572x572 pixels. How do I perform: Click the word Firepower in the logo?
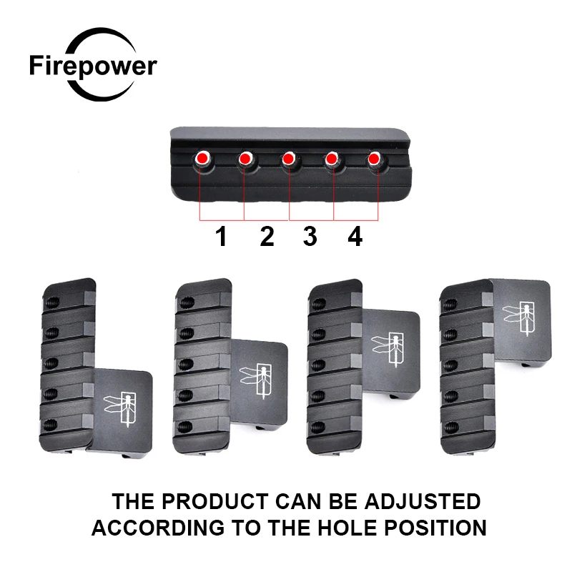pos(93,66)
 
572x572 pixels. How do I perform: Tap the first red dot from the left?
pos(202,157)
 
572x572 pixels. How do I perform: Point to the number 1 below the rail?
pos(222,237)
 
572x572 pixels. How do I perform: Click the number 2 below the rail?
pos(267,237)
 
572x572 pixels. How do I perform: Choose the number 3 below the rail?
pos(310,237)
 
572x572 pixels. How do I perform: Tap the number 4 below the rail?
pos(355,237)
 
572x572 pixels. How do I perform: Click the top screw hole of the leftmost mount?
pos(52,302)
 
